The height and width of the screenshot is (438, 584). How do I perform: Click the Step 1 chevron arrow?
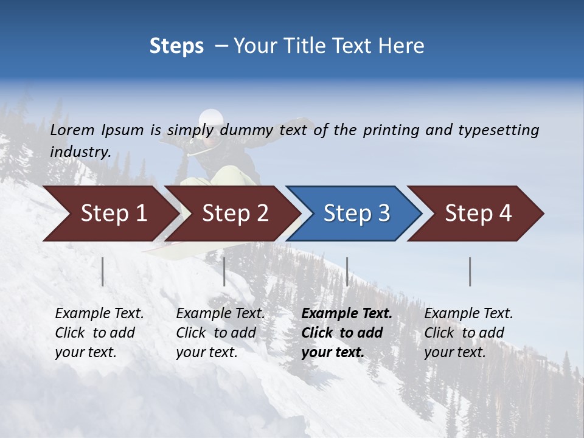click(x=113, y=214)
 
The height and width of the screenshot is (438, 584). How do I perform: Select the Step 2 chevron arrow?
click(x=234, y=214)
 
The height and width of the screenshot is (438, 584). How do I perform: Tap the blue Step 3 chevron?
click(x=356, y=214)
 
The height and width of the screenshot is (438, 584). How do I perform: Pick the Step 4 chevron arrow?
click(x=478, y=214)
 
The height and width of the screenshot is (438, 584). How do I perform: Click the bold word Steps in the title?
click(x=176, y=46)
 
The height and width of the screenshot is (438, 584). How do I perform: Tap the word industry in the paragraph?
click(x=80, y=152)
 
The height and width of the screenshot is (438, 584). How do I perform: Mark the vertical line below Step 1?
click(x=103, y=271)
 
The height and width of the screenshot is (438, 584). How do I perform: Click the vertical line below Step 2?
click(x=224, y=271)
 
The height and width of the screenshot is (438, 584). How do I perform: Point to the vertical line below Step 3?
click(x=347, y=271)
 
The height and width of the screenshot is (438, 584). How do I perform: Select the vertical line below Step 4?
click(x=470, y=271)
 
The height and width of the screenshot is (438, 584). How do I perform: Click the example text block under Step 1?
click(x=99, y=333)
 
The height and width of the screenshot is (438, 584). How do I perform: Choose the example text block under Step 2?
click(x=220, y=333)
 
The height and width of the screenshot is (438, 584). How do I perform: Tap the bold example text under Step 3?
click(x=347, y=333)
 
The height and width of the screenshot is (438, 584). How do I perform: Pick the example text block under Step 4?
click(x=468, y=333)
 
